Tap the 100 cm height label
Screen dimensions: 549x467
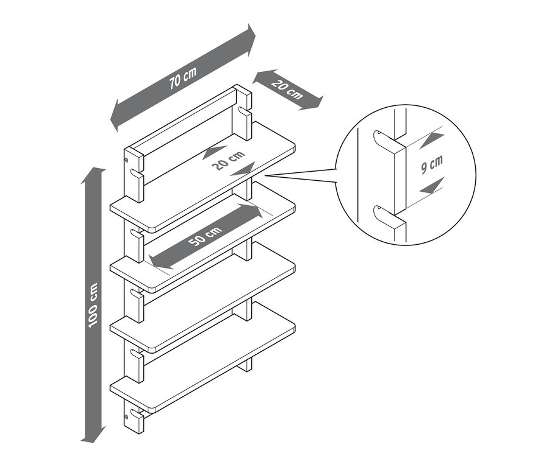click(93, 304)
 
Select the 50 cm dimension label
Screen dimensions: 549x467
click(205, 236)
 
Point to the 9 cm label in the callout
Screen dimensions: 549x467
click(432, 164)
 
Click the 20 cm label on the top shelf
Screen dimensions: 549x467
click(228, 160)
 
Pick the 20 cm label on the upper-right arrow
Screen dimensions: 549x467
click(287, 90)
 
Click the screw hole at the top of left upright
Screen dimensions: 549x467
click(126, 160)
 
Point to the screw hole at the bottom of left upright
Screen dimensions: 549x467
click(126, 416)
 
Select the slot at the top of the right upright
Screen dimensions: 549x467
click(244, 110)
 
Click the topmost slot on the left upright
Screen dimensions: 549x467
click(137, 172)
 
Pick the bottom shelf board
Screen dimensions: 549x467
click(203, 357)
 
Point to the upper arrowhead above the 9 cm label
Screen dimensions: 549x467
click(431, 139)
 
